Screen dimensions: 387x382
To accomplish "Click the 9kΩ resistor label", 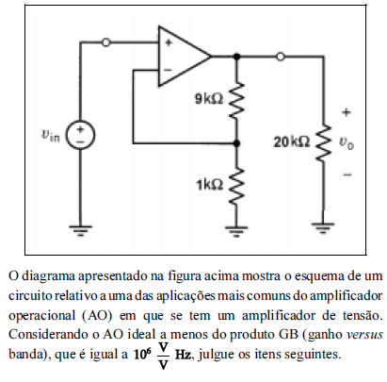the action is tap(209, 99).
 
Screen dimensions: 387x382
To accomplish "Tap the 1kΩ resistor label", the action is tap(210, 185).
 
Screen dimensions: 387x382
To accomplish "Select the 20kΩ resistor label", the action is tap(292, 142).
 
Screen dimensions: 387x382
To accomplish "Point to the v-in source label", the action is tap(50, 136).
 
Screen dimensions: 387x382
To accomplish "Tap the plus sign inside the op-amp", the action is tap(169, 42).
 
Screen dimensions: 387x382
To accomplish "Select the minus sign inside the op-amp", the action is tap(169, 70).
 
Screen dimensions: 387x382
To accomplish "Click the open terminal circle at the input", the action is tap(106, 42).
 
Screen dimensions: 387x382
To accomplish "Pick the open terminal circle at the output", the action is tap(281, 57).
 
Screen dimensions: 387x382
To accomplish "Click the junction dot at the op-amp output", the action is tap(236, 57).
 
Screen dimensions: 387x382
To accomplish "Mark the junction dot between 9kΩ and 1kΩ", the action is tap(236, 143).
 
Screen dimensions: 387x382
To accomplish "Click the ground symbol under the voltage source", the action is tap(80, 230).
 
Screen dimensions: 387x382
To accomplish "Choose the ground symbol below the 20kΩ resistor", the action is tap(323, 227).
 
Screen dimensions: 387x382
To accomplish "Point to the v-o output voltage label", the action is tap(346, 143).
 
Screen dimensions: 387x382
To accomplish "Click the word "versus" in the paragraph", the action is tap(364, 334).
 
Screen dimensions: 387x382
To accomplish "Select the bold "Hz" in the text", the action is tap(183, 355).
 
